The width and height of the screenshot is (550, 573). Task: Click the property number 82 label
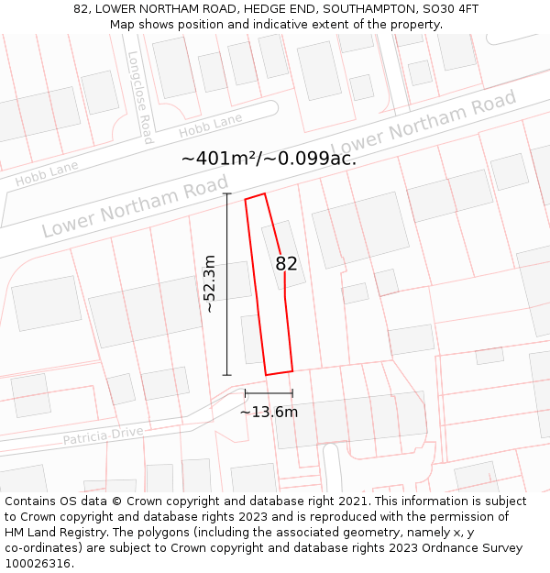point(287,264)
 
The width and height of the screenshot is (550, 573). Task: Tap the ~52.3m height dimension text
point(210,284)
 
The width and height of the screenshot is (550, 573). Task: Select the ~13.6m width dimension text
point(269,413)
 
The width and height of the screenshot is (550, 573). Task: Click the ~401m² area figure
point(219,158)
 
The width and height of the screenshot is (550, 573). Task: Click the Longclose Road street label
point(140,96)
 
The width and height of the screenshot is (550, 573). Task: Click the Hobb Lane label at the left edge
point(46,173)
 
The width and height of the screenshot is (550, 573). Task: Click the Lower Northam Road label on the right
point(423,123)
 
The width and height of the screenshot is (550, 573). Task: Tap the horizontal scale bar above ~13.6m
point(269,393)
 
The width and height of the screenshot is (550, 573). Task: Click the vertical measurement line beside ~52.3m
point(226,284)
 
